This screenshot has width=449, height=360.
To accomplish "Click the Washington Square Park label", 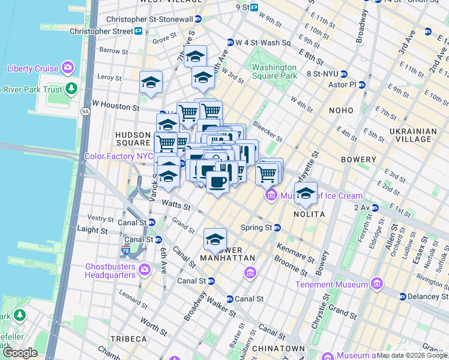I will (x=274, y=72).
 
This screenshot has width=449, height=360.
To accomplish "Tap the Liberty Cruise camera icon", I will (x=67, y=68).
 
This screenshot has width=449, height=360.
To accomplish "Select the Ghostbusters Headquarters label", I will (x=111, y=270).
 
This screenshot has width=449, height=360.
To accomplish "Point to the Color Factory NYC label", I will (x=119, y=156).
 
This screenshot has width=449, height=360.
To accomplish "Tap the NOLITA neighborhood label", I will (x=309, y=214).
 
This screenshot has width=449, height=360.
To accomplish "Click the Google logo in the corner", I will (x=20, y=353).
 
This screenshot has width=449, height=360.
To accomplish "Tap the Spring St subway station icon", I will (x=277, y=228).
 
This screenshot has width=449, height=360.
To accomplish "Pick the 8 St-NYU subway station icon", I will (x=344, y=74).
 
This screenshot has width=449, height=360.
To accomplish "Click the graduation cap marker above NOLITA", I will (x=306, y=193).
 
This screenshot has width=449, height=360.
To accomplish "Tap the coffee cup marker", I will (x=217, y=181).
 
